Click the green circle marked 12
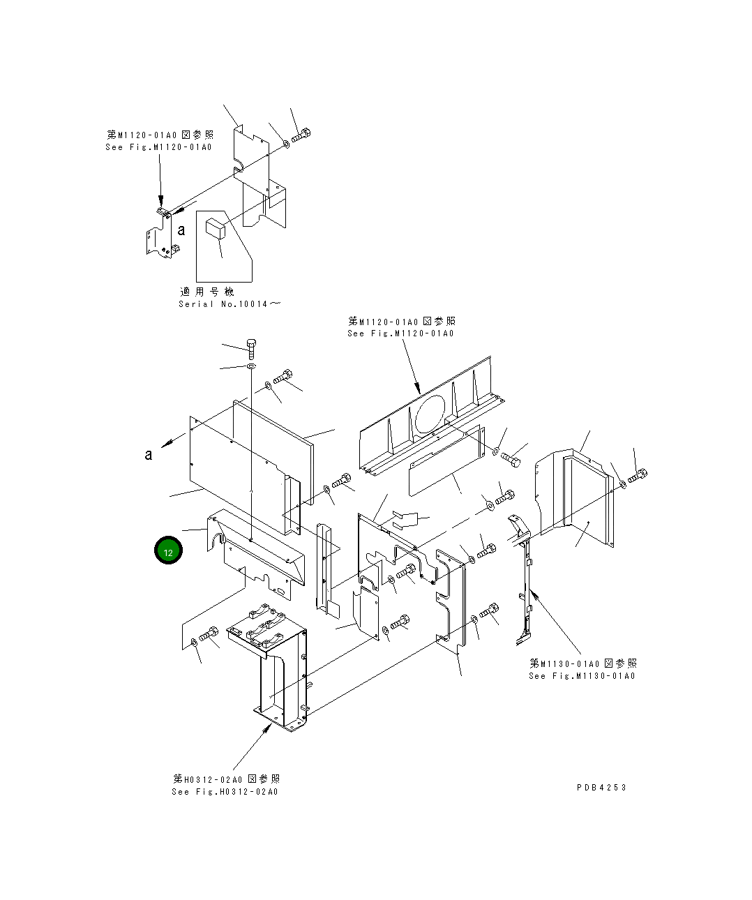[x=168, y=551]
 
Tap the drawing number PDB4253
[x=601, y=787]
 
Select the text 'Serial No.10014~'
[x=230, y=304]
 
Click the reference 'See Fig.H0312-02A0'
[x=225, y=791]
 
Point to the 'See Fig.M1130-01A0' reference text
[x=582, y=675]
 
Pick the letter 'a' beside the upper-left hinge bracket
[x=181, y=230]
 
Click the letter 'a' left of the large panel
[x=148, y=455]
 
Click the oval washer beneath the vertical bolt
[x=251, y=366]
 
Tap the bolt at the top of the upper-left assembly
[x=302, y=135]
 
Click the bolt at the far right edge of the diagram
[x=638, y=477]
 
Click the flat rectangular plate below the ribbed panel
[x=446, y=460]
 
